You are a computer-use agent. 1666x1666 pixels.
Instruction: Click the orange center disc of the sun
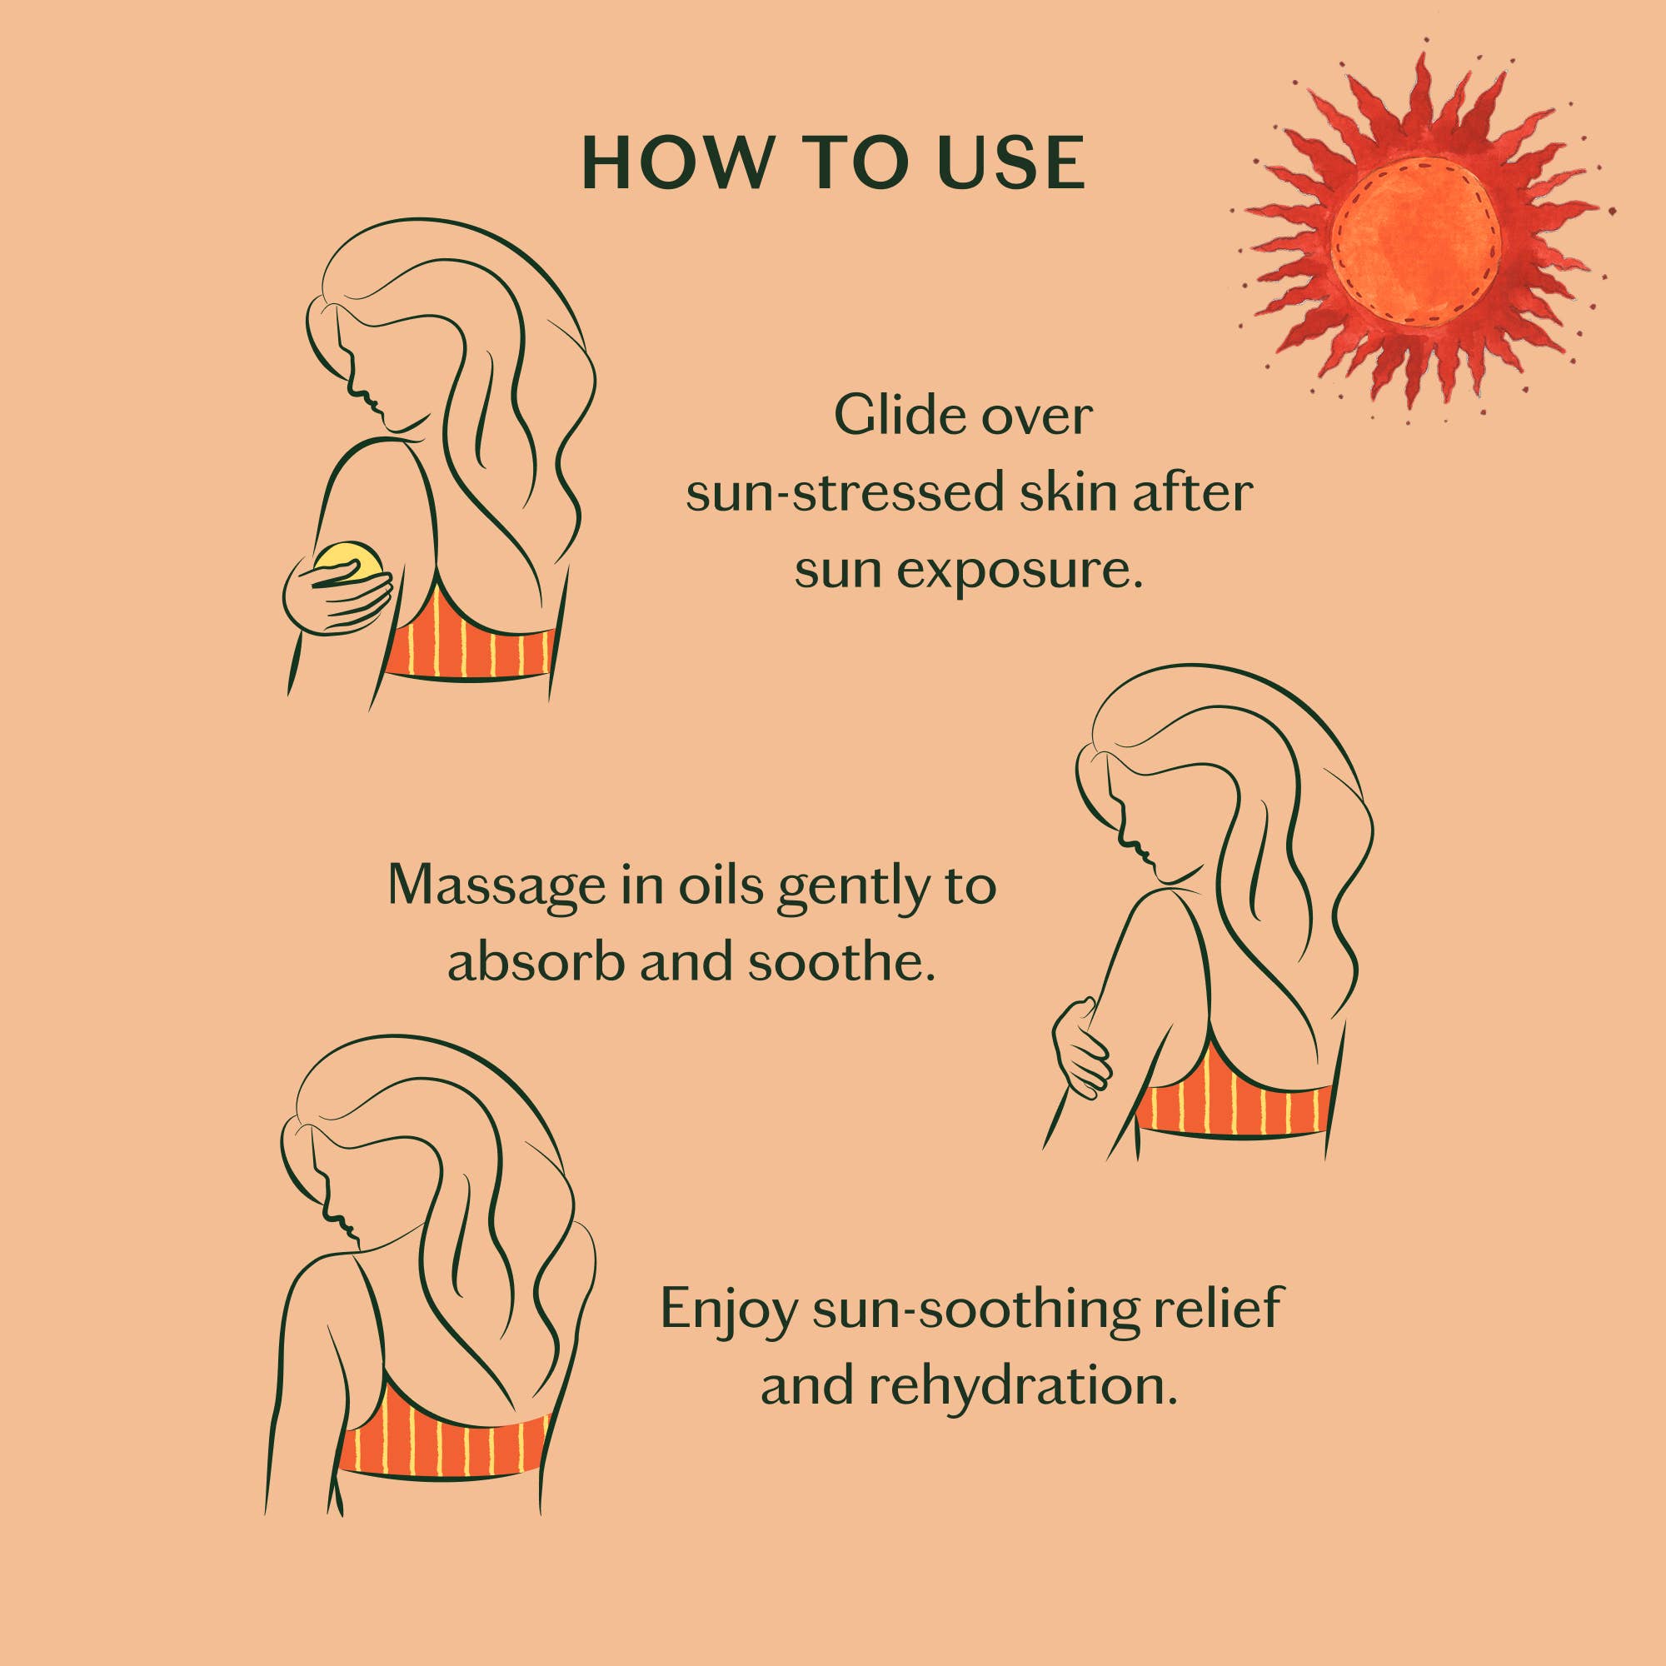click(1416, 243)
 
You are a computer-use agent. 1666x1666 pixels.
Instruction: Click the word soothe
click(841, 962)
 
